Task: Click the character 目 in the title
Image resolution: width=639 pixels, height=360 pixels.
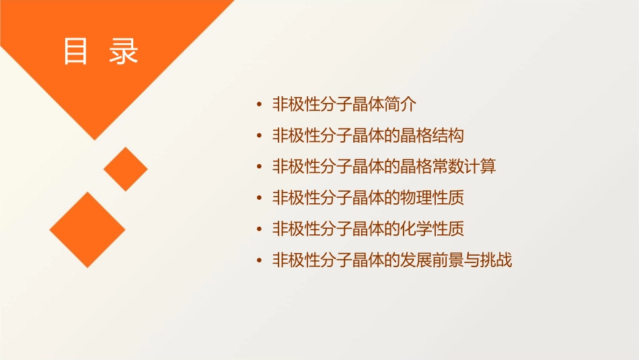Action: click(x=76, y=52)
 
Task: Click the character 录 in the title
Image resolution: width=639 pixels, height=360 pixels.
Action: click(x=124, y=52)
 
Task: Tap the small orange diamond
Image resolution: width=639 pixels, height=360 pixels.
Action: click(x=126, y=169)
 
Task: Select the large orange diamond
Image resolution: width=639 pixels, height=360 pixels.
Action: click(x=87, y=229)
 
